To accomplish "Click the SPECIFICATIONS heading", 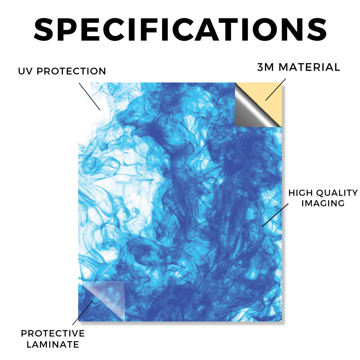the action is point(180,30).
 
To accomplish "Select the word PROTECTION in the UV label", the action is point(71,71).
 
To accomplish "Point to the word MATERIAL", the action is point(309,67).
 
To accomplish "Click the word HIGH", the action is point(301,193).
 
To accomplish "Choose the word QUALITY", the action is point(337,193).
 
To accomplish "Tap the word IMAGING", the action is point(323,203).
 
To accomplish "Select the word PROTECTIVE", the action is point(53,333).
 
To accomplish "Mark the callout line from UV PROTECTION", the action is point(90,97).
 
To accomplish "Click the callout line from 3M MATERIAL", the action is point(276,90).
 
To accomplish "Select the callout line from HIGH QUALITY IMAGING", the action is point(275,215).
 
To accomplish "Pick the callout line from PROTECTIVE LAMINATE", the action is point(83,313).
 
